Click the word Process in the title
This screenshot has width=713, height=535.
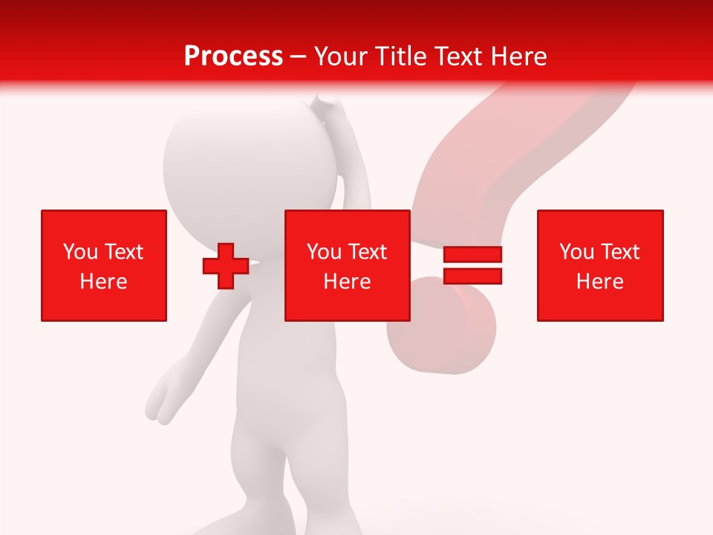(233, 56)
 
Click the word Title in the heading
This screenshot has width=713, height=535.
(399, 56)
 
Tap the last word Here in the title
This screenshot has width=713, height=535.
(518, 56)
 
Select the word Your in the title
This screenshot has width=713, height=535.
(339, 56)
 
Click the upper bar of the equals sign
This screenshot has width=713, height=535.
(472, 254)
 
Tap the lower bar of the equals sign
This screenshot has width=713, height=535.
(472, 276)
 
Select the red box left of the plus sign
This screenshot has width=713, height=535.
(104, 265)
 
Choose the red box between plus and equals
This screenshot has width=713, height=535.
(348, 265)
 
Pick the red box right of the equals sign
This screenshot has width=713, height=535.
(600, 265)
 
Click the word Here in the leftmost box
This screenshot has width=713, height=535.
(104, 282)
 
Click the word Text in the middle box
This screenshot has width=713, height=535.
(368, 252)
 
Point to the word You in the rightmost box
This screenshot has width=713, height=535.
(576, 252)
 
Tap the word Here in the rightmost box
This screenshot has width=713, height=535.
(600, 282)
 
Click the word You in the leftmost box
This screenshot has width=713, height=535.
(80, 252)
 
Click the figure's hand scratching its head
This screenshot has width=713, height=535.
(327, 111)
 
